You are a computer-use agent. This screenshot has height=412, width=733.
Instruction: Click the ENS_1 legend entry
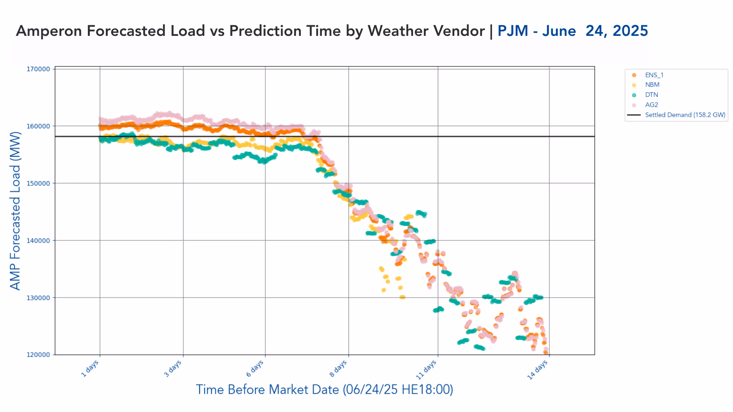[x=654, y=75]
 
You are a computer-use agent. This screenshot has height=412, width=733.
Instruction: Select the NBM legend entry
[x=652, y=85]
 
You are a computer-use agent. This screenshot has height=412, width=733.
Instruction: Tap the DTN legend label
[x=651, y=95]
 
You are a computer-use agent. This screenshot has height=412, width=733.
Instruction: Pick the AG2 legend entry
[x=651, y=105]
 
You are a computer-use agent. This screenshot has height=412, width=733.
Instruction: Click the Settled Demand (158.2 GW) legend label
[x=685, y=115]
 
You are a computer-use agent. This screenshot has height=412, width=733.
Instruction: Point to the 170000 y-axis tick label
[x=38, y=69]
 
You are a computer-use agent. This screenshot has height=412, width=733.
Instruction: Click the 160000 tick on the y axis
[x=38, y=126]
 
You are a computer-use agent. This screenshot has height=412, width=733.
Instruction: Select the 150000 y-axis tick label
[x=38, y=183]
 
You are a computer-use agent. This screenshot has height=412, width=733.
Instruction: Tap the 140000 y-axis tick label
[x=38, y=241]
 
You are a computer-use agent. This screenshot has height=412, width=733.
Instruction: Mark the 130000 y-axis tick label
[x=38, y=298]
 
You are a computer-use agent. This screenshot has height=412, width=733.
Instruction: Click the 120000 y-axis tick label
[x=38, y=355]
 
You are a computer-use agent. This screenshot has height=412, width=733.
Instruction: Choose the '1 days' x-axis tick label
[x=90, y=369]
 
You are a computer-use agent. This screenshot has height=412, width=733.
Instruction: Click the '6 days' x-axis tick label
[x=255, y=369]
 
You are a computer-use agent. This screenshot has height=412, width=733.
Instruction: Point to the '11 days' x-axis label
[x=426, y=370]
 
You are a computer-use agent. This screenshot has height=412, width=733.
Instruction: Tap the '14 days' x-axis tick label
[x=538, y=370]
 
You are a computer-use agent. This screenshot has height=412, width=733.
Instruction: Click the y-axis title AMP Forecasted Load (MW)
[x=15, y=211]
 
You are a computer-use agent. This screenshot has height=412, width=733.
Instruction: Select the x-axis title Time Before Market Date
[x=325, y=389]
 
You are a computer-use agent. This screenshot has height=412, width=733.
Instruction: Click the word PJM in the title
[x=513, y=31]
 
